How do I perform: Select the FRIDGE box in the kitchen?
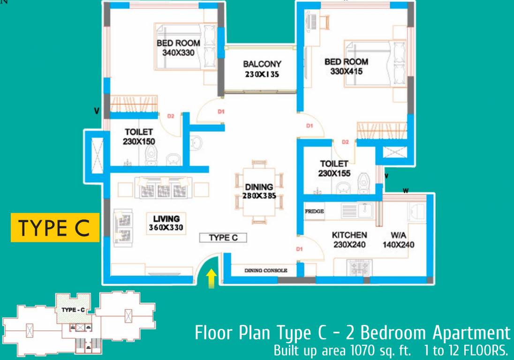tap(314, 212)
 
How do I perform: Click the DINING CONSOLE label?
tap(265, 270)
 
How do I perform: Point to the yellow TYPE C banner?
tap(55, 228)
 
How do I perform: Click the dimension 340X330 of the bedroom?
tap(178, 52)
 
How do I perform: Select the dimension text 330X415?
tap(347, 72)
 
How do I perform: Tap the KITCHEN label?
tap(349, 235)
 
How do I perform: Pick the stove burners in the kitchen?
tap(359, 268)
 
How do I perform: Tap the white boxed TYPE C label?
tap(223, 238)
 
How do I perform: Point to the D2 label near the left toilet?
tap(171, 116)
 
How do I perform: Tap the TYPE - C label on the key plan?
tap(73, 310)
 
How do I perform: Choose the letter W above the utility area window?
tap(405, 190)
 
